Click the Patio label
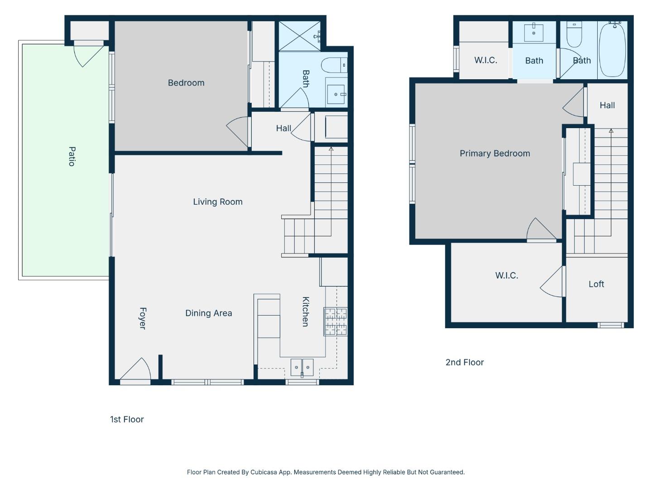coord(72,156)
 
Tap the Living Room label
coord(218,202)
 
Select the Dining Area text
coord(209,313)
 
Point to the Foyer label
coord(142,318)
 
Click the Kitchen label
coord(306,312)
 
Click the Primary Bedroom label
coord(495,153)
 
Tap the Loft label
coord(596,284)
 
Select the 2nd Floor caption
coord(465,362)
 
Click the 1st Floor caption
coord(127,419)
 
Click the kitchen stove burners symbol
coord(336,321)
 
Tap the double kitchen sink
coord(302,367)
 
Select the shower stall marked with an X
coord(299,36)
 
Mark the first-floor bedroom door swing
coord(239,131)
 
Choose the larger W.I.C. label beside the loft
coord(507,275)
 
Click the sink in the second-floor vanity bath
coord(534,33)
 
